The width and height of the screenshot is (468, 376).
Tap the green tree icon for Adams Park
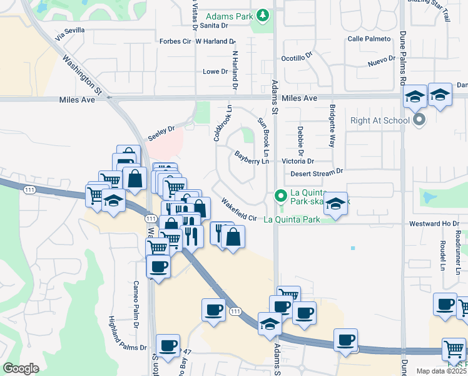pos(264,14)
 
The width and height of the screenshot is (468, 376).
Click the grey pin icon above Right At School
pos(419,118)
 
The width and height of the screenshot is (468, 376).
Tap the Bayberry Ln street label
pos(252,157)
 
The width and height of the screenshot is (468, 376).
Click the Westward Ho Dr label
pos(434,223)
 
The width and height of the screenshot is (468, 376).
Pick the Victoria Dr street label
pos(297,161)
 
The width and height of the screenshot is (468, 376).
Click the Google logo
pos(21,368)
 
